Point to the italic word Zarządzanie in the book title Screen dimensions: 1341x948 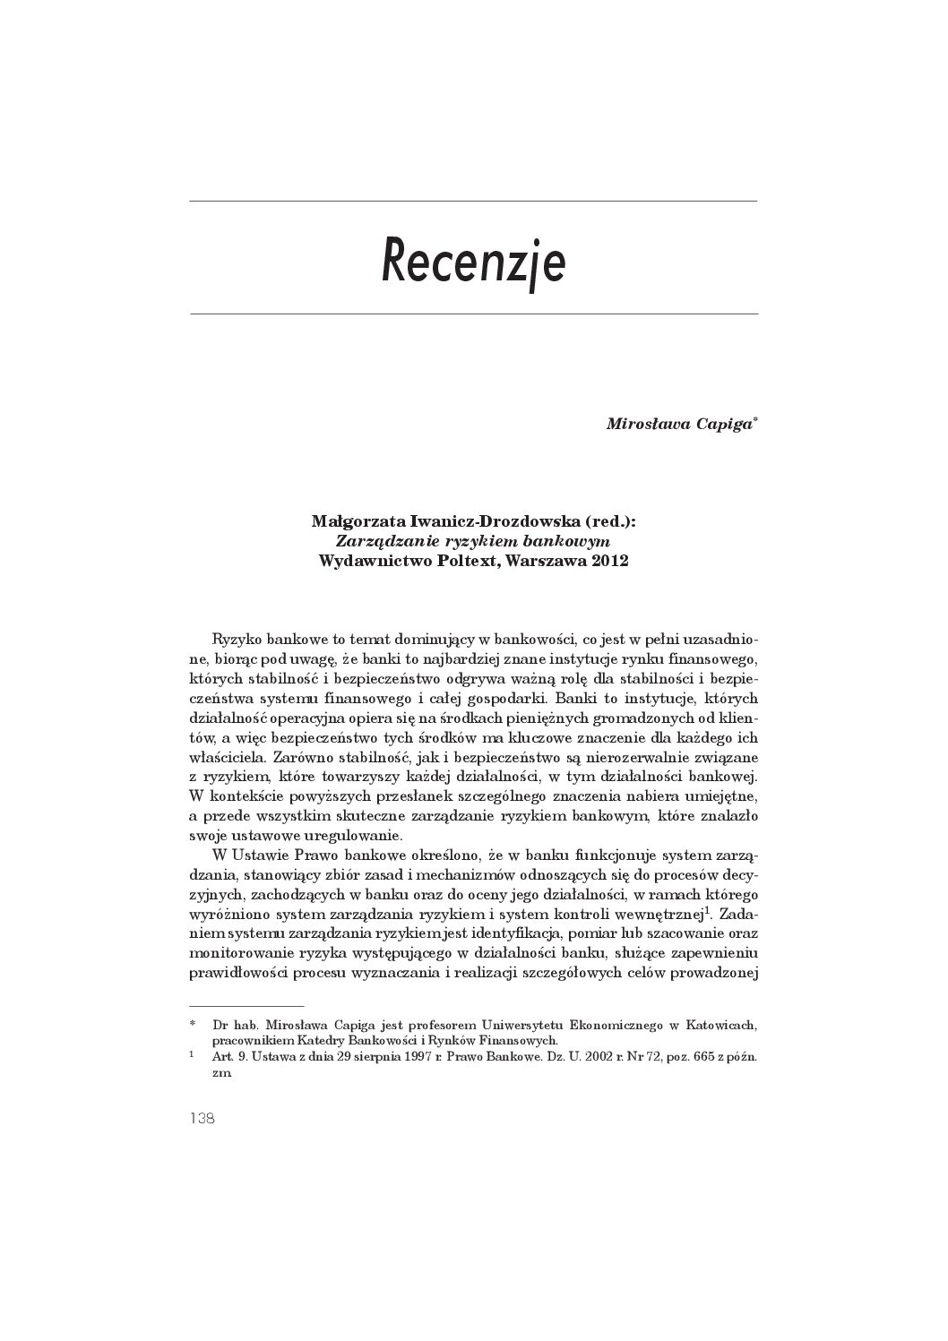377,541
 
